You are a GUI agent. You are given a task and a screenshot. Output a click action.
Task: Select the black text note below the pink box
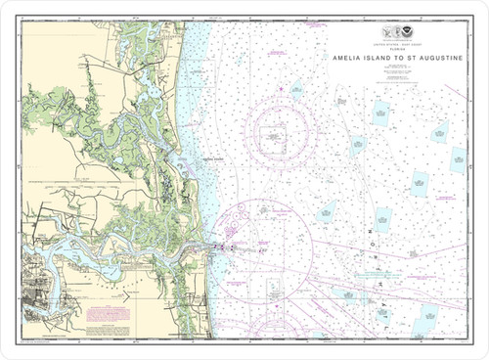[x=109, y=330]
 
